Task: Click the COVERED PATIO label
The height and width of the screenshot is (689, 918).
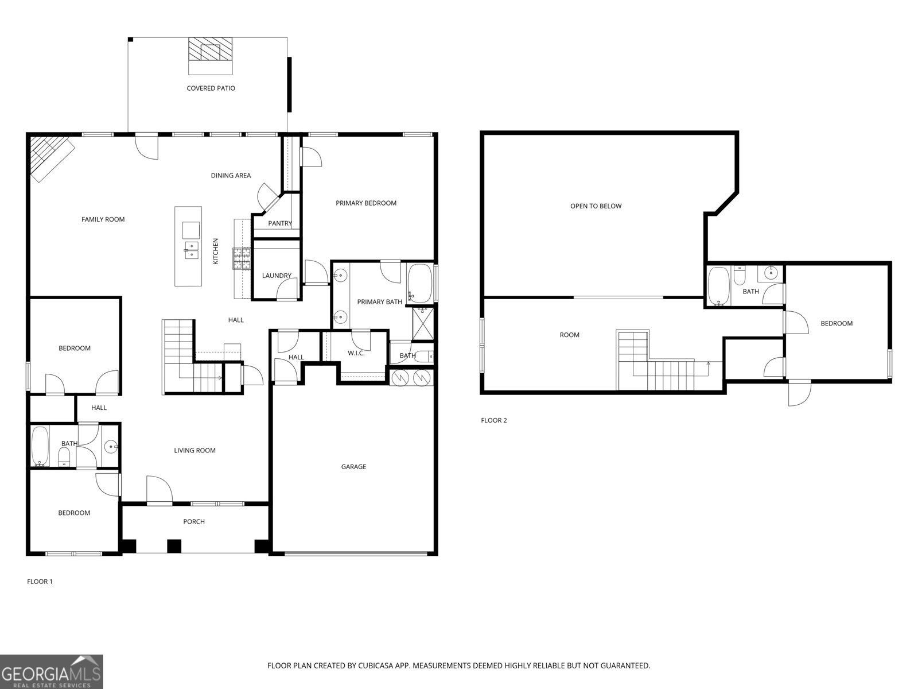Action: (211, 88)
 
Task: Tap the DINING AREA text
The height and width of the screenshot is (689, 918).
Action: (231, 176)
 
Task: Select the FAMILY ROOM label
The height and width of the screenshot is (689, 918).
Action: (103, 219)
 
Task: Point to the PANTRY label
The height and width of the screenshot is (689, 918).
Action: (280, 223)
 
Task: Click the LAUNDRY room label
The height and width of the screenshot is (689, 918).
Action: (277, 276)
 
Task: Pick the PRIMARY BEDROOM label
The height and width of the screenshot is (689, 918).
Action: (366, 203)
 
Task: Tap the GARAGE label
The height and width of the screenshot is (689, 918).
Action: (353, 467)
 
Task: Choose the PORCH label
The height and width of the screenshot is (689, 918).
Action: (194, 522)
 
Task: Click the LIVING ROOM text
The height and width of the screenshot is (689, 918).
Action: (195, 451)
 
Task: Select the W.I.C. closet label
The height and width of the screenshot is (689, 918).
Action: (356, 354)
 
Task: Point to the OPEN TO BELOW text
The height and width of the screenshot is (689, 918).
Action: (596, 206)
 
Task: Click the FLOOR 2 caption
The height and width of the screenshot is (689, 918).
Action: (494, 420)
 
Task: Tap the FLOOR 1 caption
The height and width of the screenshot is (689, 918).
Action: (40, 582)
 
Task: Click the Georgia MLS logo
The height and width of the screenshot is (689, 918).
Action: (51, 672)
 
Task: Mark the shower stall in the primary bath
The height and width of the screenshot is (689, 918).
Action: (423, 324)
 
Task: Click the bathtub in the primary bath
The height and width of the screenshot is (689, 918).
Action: (419, 283)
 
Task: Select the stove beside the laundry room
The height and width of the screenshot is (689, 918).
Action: (242, 258)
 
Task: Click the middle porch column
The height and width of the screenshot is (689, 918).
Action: (174, 547)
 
